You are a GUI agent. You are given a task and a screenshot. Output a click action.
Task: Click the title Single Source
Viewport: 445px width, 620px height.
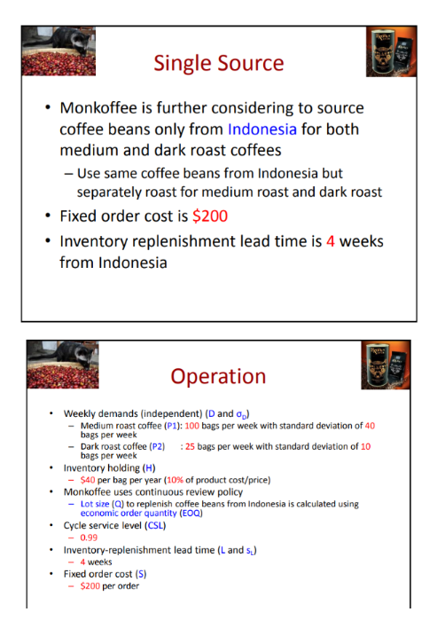pyautogui.click(x=218, y=63)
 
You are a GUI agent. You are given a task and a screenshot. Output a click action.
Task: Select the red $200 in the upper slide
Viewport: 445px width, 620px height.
pyautogui.click(x=208, y=216)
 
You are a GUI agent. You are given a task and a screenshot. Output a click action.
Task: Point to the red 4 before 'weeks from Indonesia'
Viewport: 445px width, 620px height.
pyautogui.click(x=331, y=240)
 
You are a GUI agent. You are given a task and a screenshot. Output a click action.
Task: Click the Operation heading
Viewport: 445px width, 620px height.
pyautogui.click(x=218, y=376)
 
